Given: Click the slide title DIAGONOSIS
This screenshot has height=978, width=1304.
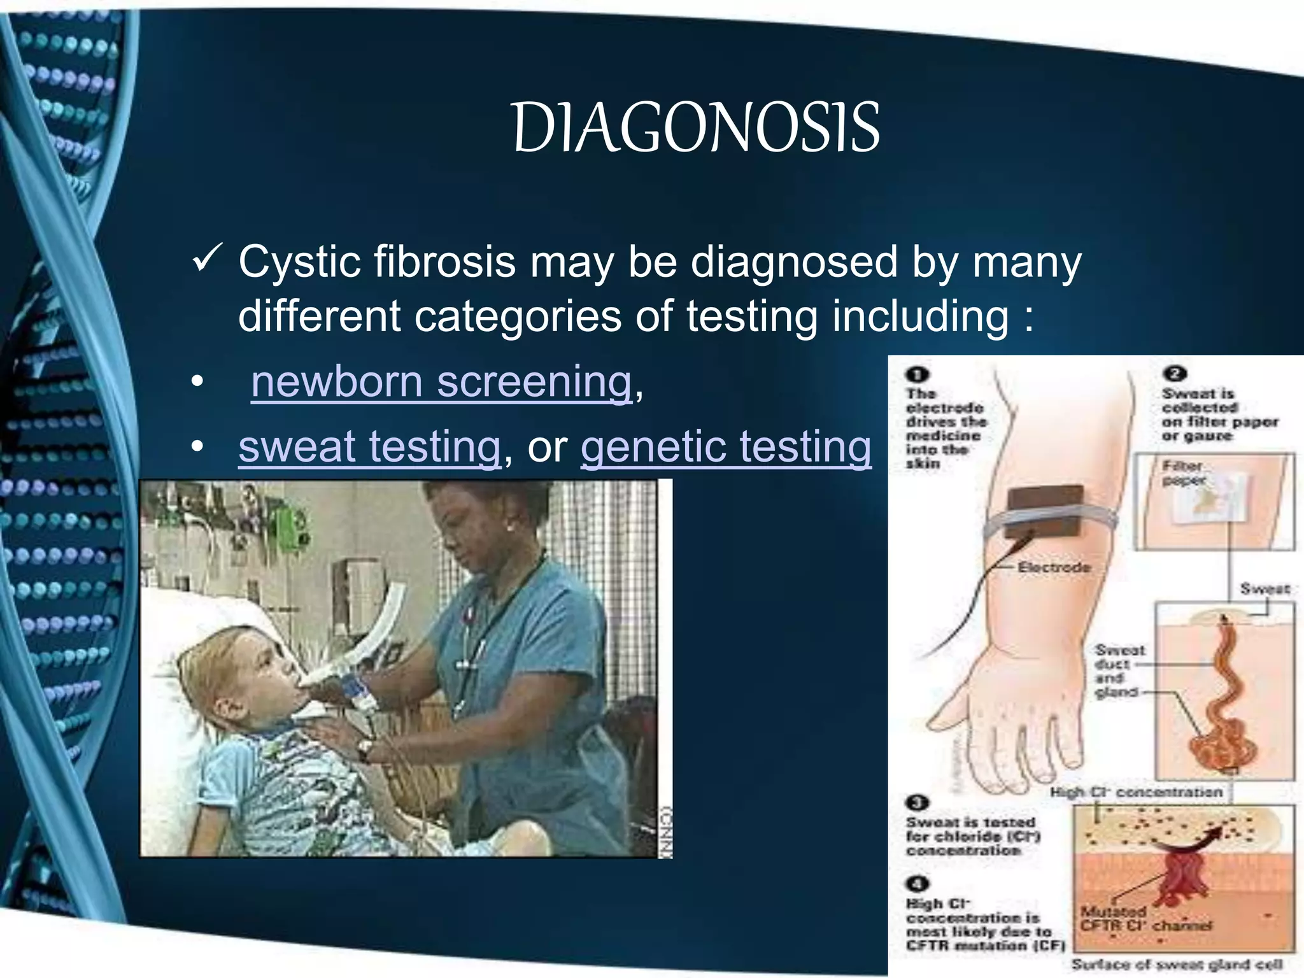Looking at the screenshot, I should [x=696, y=127].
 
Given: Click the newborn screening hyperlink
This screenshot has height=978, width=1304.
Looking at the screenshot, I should [x=441, y=382].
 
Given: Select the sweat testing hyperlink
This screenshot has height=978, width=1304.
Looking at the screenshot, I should [x=369, y=446].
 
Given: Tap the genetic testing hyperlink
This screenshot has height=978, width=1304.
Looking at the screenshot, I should [x=726, y=446].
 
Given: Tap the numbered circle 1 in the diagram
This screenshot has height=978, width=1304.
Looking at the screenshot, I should [x=918, y=375].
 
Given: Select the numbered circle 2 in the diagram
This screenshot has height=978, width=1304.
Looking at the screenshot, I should [x=1175, y=374].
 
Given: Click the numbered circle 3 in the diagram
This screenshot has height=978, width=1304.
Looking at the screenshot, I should [x=918, y=804].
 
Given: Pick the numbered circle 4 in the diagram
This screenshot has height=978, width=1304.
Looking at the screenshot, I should [x=918, y=884].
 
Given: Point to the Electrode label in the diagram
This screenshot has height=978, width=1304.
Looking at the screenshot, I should [x=1054, y=567].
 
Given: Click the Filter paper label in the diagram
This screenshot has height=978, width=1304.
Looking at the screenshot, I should [x=1183, y=473].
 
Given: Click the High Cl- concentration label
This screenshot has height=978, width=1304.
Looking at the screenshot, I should [x=1136, y=793].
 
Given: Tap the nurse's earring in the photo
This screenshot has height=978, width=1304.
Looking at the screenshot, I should [x=509, y=528].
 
